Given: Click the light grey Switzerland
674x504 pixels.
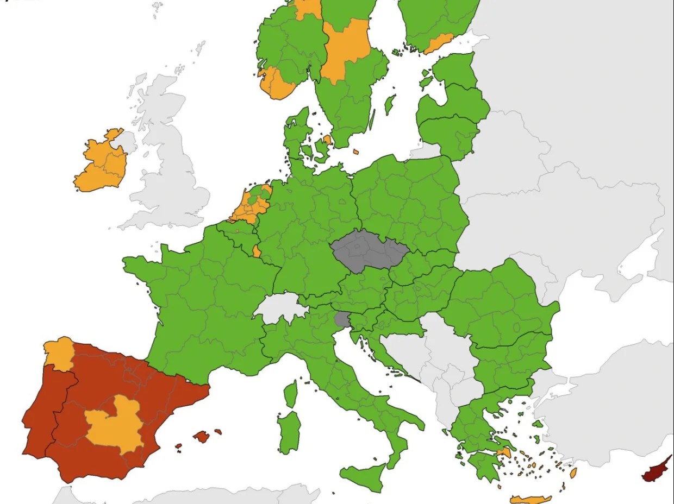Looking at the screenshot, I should [280, 308].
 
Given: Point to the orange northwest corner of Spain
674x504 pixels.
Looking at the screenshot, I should [59, 353].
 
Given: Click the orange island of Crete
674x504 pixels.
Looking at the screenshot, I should [531, 499].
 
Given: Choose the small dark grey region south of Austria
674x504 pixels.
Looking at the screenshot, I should [342, 319].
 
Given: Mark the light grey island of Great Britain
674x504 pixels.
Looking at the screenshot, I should [168, 163].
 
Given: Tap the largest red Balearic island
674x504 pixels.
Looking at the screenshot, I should [201, 436].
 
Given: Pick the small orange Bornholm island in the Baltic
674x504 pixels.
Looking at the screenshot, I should [356, 152].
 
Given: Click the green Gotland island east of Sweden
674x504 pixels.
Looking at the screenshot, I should [389, 104].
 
